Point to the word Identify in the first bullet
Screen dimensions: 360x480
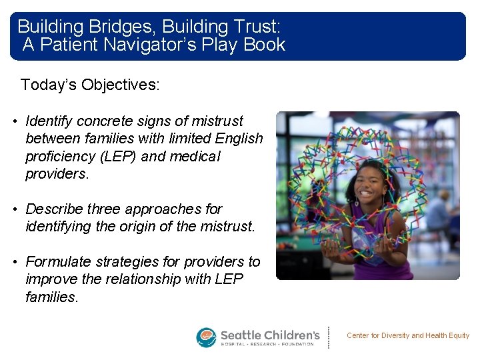pyautogui.click(x=49, y=121)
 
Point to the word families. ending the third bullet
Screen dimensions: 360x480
pyautogui.click(x=51, y=297)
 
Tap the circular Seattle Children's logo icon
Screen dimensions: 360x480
pyautogui.click(x=206, y=337)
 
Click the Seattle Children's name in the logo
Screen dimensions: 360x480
pyautogui.click(x=270, y=333)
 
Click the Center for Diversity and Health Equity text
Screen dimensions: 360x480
pyautogui.click(x=408, y=336)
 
